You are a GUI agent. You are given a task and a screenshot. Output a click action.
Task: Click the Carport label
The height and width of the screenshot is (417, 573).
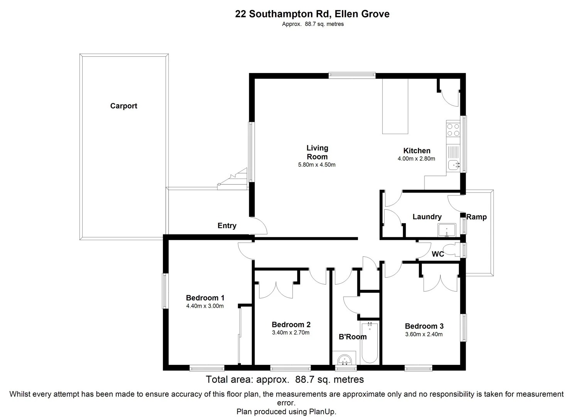point(123,106)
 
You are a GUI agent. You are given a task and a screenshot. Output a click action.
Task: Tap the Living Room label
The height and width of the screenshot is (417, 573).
point(317,152)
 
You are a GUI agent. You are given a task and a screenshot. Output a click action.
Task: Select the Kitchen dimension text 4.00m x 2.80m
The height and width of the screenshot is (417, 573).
point(416,159)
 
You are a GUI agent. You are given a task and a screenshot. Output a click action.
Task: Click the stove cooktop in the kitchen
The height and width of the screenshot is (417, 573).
point(453,129)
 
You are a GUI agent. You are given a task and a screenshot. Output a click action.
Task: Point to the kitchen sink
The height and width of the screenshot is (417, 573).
point(454,165)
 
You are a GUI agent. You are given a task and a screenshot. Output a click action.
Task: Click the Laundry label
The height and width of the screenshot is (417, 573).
point(427,217)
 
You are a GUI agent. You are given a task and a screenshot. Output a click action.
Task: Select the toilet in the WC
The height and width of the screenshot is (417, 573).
point(451,250)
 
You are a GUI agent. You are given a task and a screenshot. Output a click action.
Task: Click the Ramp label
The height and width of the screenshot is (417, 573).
point(477,217)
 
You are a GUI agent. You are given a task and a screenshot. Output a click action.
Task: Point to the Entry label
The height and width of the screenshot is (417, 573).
point(227,226)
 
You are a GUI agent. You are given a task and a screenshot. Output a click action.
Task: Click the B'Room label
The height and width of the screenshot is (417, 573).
point(353,337)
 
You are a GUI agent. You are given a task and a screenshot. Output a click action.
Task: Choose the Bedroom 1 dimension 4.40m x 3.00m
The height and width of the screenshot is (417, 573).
point(205,306)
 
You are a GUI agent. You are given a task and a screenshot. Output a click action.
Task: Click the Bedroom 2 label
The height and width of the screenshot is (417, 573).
point(291,325)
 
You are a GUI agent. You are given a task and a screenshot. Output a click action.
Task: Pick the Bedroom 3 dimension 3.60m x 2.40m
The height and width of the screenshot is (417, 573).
point(424,334)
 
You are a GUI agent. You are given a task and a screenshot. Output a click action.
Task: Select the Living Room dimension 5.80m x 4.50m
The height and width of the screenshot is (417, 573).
point(317,165)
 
